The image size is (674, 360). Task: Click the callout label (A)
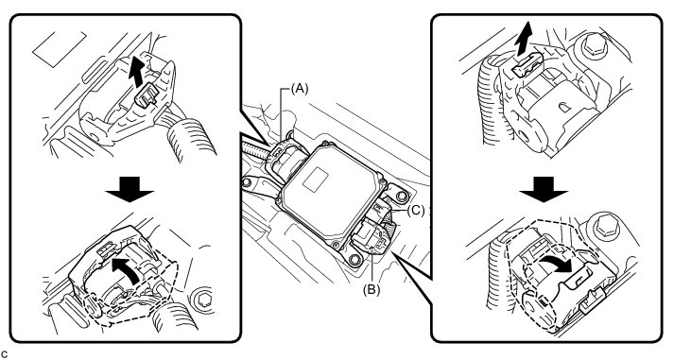pyautogui.click(x=300, y=89)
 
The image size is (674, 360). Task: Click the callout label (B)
pyautogui.click(x=372, y=290)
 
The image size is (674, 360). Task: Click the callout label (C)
pyautogui.click(x=416, y=211)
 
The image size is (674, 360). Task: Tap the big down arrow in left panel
pyautogui.click(x=130, y=189)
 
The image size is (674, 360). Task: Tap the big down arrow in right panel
pyautogui.click(x=544, y=189)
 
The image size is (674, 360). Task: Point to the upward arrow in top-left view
pyautogui.click(x=137, y=71)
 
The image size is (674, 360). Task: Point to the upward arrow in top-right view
pyautogui.click(x=523, y=39)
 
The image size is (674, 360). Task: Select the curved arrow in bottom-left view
pyautogui.click(x=125, y=269)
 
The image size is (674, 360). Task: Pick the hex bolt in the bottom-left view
pyautogui.click(x=202, y=299)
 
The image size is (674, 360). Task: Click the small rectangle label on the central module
pyautogui.click(x=316, y=179)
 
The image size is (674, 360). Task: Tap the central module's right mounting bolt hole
pyautogui.click(x=402, y=197)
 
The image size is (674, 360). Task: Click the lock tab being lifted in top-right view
pyautogui.click(x=527, y=65)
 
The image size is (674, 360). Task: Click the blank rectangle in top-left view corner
pyautogui.click(x=60, y=48)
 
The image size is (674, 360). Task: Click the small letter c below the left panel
pyautogui.click(x=5, y=354)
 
